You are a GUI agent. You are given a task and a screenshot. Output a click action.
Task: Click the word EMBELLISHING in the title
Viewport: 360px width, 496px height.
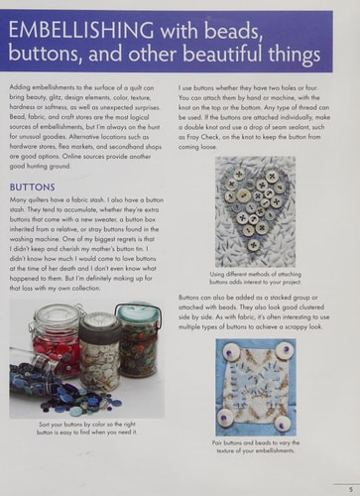coord(76,37)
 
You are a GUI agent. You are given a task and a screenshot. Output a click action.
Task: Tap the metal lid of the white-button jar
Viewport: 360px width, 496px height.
coord(99,320)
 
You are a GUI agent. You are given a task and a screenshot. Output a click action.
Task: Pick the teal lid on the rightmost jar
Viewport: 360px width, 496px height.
coord(138,311)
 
